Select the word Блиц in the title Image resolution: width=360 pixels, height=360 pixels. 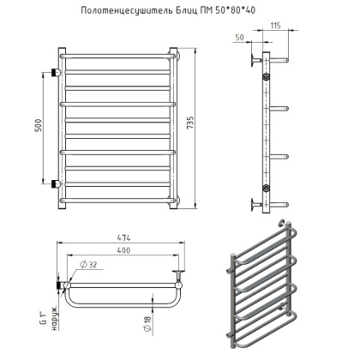coord(200,11)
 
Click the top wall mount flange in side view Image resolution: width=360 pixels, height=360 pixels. coord(253,61)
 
